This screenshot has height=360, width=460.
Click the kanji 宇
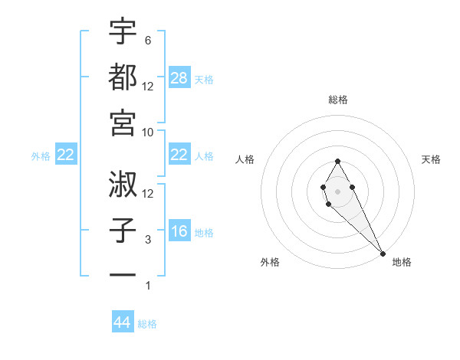click(x=123, y=31)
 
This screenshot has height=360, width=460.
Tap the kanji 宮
click(x=123, y=122)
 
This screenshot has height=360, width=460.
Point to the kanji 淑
click(x=123, y=183)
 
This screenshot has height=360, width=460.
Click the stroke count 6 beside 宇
click(x=148, y=40)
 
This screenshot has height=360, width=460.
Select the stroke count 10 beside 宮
click(x=149, y=132)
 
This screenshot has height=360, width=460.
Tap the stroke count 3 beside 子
click(x=148, y=240)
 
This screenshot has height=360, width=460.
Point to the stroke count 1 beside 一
click(x=148, y=286)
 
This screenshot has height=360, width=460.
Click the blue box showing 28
click(x=179, y=78)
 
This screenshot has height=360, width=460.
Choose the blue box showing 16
click(x=179, y=232)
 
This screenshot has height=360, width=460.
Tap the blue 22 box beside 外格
click(x=66, y=155)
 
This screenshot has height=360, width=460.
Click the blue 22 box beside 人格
click(x=179, y=155)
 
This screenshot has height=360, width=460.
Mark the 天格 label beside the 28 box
click(x=204, y=80)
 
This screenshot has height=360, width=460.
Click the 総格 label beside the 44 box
click(x=147, y=324)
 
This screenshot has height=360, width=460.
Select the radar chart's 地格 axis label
click(x=402, y=262)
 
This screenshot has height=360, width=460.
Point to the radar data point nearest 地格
click(x=383, y=254)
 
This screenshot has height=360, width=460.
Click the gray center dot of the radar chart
click(x=337, y=190)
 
